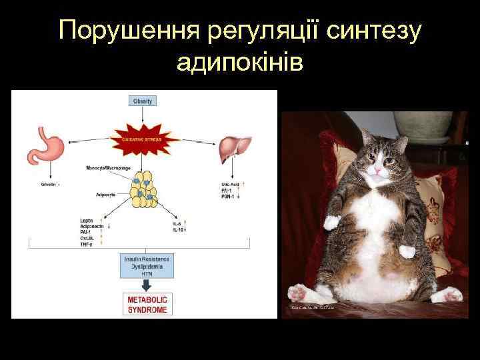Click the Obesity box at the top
[x=143, y=101]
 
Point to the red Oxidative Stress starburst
[x=143, y=139]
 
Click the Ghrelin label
[x=49, y=183]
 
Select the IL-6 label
[x=177, y=223]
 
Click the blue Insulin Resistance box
[x=146, y=266]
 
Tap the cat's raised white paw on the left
[x=331, y=221]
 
